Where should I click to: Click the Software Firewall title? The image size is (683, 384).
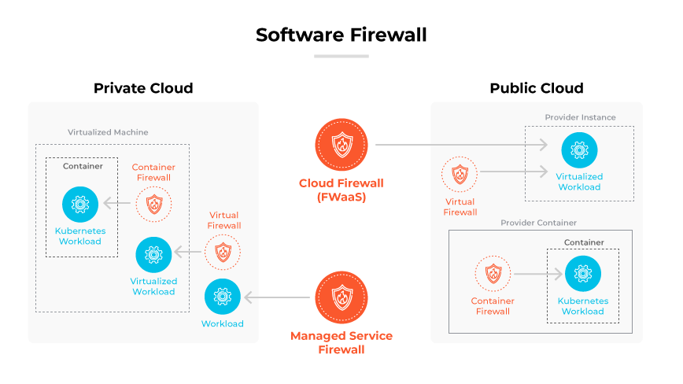point(341,35)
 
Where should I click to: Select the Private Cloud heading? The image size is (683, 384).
point(143,88)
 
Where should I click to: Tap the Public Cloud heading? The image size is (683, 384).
point(537,88)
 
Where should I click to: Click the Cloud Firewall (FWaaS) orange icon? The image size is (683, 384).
point(341,146)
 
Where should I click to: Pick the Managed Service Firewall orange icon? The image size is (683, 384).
point(341,297)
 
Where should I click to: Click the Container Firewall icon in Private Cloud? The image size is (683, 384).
point(153,205)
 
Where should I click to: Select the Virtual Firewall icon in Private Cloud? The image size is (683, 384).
point(223,253)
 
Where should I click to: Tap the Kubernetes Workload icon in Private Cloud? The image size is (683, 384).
point(79,205)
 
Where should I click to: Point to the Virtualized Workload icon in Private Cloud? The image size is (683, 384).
point(153,253)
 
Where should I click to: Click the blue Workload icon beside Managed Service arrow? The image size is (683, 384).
point(222,297)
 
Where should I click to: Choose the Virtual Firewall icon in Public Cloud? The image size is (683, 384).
point(460,175)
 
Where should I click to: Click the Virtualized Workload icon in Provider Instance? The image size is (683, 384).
point(579,150)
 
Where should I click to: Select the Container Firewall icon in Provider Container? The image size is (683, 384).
point(493,274)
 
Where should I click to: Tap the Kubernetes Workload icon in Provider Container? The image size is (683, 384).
point(582,274)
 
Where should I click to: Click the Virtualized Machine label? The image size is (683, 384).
point(108,132)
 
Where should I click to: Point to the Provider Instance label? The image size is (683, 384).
point(580,117)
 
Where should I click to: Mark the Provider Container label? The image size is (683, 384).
point(538,223)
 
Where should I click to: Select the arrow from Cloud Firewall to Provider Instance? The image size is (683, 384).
point(461,146)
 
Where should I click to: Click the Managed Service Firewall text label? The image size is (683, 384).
point(341,342)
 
